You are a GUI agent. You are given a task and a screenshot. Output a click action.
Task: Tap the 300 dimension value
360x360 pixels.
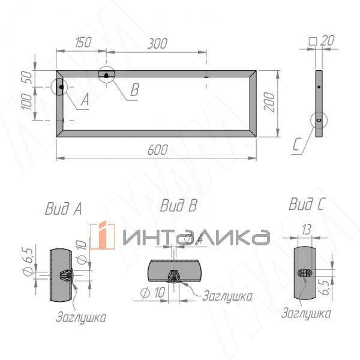157,43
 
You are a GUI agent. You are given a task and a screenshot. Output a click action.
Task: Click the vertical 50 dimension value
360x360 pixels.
25,78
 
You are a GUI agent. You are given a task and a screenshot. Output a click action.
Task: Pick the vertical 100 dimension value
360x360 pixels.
25,103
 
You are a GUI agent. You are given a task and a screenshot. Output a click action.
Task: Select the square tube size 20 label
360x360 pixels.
324,41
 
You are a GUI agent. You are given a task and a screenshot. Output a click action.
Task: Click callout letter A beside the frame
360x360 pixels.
83,101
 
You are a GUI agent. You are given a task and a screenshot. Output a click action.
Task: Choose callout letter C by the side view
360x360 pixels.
298,146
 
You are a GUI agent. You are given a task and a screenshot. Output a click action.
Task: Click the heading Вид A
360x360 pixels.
63,209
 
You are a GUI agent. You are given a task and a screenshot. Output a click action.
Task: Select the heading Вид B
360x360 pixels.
178,206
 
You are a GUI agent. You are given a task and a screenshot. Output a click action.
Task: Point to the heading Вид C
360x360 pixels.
307,205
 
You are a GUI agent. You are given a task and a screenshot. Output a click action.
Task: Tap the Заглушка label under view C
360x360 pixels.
306,313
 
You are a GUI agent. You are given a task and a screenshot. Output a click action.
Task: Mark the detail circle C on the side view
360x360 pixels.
319,119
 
